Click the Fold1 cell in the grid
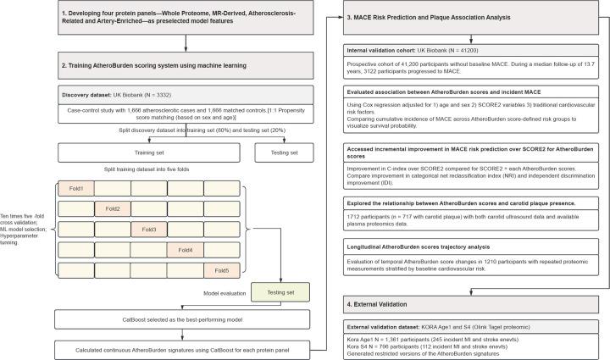[75, 188]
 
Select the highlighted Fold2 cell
[112, 208]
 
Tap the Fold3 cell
[149, 229]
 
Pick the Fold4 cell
[185, 249]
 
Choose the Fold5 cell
[222, 270]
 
